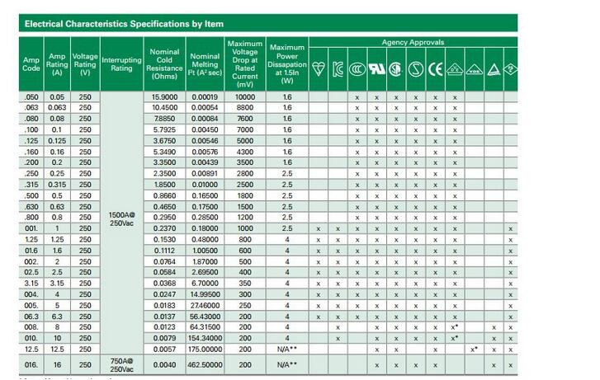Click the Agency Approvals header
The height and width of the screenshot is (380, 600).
coord(413,42)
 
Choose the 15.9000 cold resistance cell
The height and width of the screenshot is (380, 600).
coord(165,96)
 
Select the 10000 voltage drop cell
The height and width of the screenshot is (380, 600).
coord(245,96)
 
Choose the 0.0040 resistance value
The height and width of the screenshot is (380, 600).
coord(165,364)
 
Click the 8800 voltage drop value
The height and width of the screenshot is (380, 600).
coord(245,107)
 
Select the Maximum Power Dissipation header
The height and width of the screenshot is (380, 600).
coord(287,63)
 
